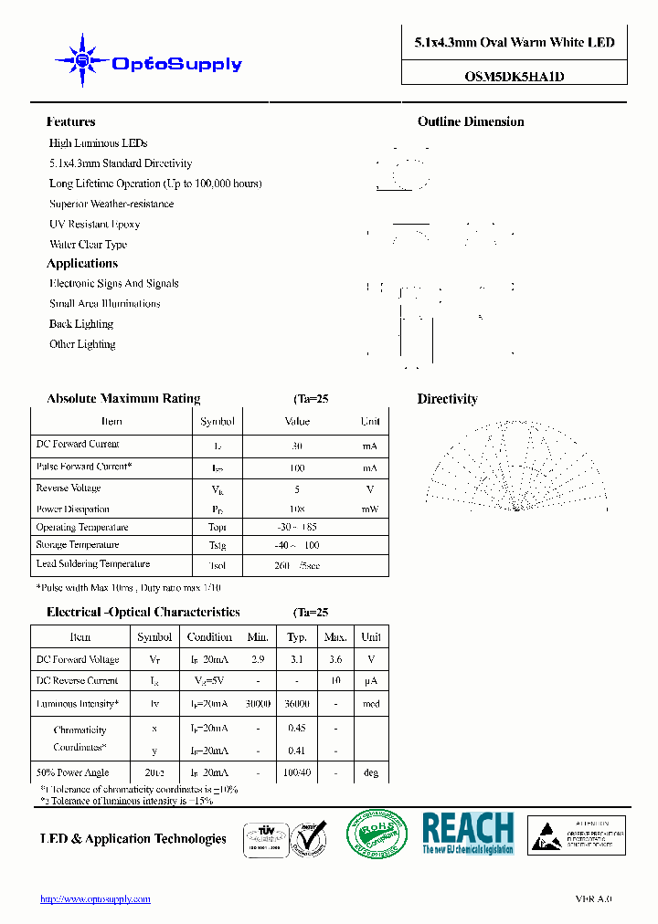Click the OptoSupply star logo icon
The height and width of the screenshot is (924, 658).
click(x=81, y=61)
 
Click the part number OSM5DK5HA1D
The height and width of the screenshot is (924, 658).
click(x=514, y=77)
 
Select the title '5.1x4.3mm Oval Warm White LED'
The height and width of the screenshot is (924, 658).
click(x=514, y=43)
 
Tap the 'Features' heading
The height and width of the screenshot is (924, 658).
click(x=70, y=121)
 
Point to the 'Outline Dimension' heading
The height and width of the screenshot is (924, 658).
click(x=471, y=121)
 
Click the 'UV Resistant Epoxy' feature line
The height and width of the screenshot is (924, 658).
click(x=94, y=224)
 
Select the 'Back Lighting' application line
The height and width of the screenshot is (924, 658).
click(x=81, y=324)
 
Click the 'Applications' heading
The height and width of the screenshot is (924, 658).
click(x=82, y=263)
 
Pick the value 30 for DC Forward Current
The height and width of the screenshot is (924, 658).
click(x=297, y=446)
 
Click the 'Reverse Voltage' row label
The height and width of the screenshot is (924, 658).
click(x=68, y=488)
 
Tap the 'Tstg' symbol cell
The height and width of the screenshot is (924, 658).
click(x=218, y=545)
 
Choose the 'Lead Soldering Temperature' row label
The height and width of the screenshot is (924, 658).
click(x=92, y=564)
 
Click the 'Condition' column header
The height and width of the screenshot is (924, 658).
click(x=209, y=637)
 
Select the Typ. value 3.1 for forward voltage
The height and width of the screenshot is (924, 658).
click(x=297, y=659)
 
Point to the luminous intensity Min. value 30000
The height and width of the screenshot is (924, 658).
click(x=258, y=704)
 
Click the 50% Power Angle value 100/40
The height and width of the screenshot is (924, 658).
click(x=297, y=772)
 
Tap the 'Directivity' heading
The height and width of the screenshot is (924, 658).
click(x=447, y=399)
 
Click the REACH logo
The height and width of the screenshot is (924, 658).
click(x=468, y=834)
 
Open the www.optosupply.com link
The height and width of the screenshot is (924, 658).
click(x=95, y=899)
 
